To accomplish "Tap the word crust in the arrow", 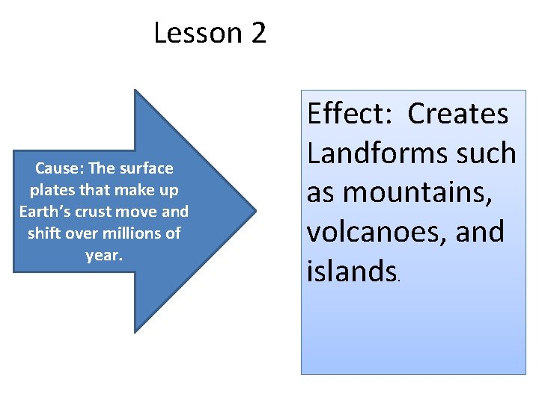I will point(98,212).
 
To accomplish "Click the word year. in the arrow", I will point(103,255).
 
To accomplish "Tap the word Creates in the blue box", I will point(458,114).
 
